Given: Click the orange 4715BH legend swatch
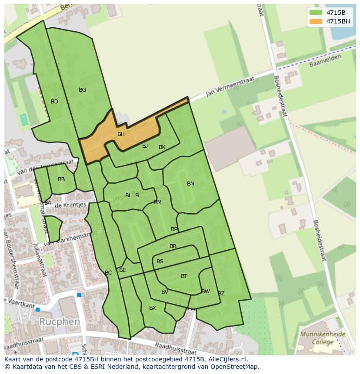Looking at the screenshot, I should [316, 21].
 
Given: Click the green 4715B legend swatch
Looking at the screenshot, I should [316, 12].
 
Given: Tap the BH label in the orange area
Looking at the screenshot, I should [121, 134].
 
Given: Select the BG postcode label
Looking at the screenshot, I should [82, 90].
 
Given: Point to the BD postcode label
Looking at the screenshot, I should [54, 102].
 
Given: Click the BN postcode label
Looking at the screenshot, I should [190, 184].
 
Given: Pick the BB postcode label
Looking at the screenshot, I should [61, 179].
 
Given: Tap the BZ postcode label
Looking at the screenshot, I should [221, 294].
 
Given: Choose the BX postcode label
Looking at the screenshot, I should [153, 308].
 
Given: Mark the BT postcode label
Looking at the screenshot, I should [184, 276].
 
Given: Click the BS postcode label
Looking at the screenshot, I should [160, 261].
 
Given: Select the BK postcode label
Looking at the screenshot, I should [162, 147].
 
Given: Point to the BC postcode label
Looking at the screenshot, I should [108, 273].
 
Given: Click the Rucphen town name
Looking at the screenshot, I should [59, 322].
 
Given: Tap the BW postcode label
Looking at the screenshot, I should [206, 291].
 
